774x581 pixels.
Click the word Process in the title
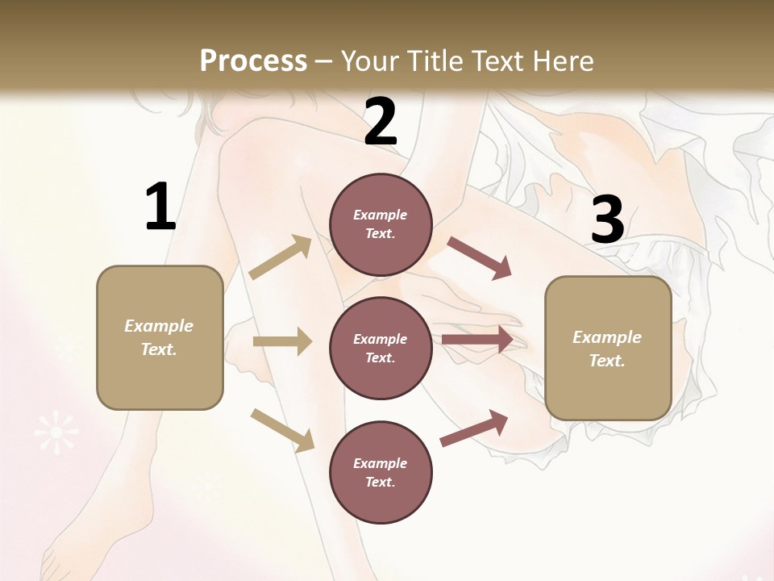[x=253, y=61]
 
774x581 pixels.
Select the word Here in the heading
[x=561, y=61]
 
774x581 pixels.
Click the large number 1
[x=160, y=207]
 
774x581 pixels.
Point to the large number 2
[x=381, y=123]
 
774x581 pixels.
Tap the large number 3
[x=607, y=220]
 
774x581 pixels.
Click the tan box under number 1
[x=160, y=337]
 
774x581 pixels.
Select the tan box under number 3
[x=608, y=348]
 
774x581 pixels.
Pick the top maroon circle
[x=381, y=224]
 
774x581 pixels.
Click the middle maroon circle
[x=381, y=348]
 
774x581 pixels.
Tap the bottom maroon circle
[x=381, y=472]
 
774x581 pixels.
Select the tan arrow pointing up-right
[x=281, y=257]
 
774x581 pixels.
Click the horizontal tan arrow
[x=282, y=342]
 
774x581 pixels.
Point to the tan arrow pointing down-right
[x=282, y=430]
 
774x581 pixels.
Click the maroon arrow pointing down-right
[x=479, y=258]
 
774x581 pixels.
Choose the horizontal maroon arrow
[x=477, y=340]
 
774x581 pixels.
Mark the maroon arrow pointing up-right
[x=474, y=428]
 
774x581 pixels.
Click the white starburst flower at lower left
[x=56, y=433]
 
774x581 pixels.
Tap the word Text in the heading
[x=497, y=61]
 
